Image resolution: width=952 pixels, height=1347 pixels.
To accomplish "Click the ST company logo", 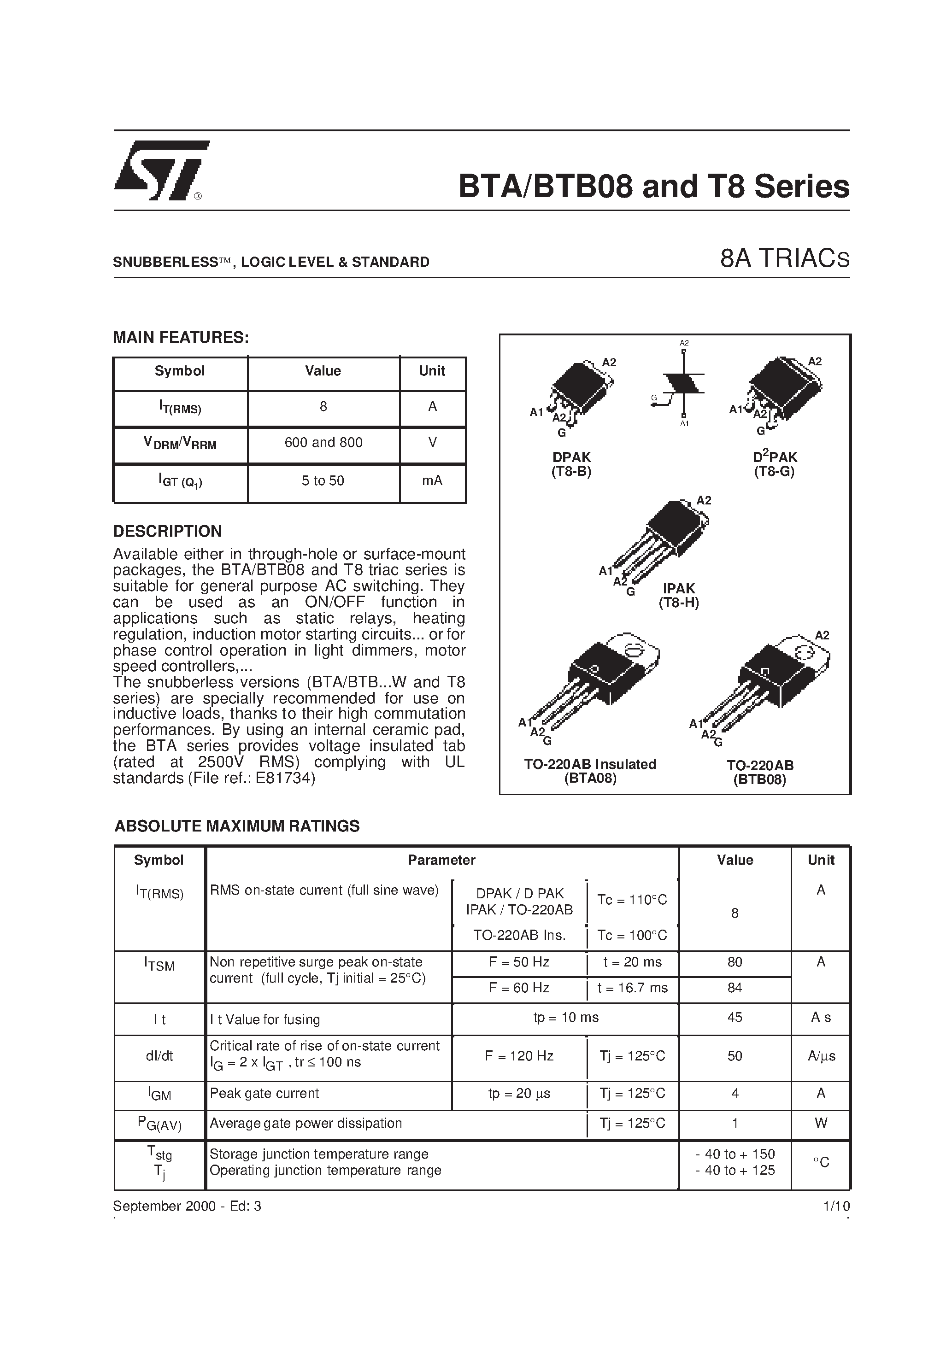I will tap(161, 170).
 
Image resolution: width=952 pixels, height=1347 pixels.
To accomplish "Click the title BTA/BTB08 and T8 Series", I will tap(653, 187).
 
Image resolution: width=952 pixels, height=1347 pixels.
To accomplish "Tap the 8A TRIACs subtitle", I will tap(785, 259).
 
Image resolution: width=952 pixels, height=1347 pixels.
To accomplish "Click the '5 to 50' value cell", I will tap(323, 481).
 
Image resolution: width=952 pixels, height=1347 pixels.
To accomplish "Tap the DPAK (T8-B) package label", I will tap(571, 464).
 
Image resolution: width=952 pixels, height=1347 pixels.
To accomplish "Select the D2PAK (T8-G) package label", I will tap(775, 464).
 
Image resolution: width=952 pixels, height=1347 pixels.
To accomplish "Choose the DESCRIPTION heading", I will tap(167, 531).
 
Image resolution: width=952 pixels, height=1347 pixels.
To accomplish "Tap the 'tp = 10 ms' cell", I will tap(566, 1017).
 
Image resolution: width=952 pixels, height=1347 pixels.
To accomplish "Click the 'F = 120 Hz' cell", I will tap(519, 1056).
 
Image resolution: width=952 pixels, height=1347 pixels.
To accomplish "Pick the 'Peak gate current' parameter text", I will tap(264, 1094).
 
